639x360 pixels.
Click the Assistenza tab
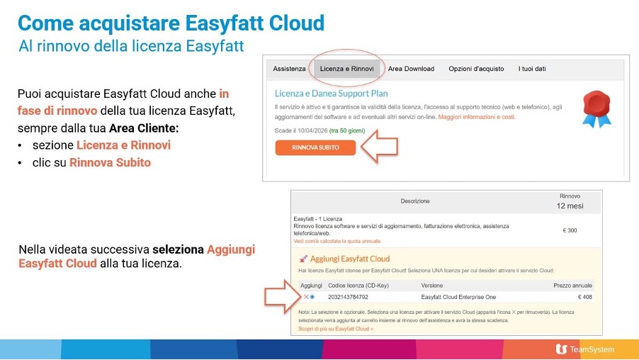point(289,69)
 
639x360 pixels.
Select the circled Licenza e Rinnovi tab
point(346,69)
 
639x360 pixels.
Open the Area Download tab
point(411,69)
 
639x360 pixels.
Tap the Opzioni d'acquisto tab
point(476,69)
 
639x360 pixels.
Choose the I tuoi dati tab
point(532,69)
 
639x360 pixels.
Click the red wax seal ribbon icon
point(596,108)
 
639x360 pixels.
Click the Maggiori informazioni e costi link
point(477,116)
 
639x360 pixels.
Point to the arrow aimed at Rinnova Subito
point(379,147)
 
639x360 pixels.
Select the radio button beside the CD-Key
point(312,296)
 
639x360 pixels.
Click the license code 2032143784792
point(348,296)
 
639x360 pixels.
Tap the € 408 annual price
point(584,296)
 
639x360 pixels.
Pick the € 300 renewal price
point(570,230)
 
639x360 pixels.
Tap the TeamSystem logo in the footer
point(585,349)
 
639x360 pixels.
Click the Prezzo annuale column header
point(572,285)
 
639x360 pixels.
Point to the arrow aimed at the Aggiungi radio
point(281,297)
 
